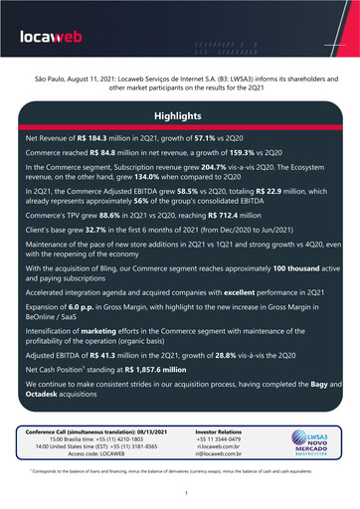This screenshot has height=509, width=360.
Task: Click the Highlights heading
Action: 180,116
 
